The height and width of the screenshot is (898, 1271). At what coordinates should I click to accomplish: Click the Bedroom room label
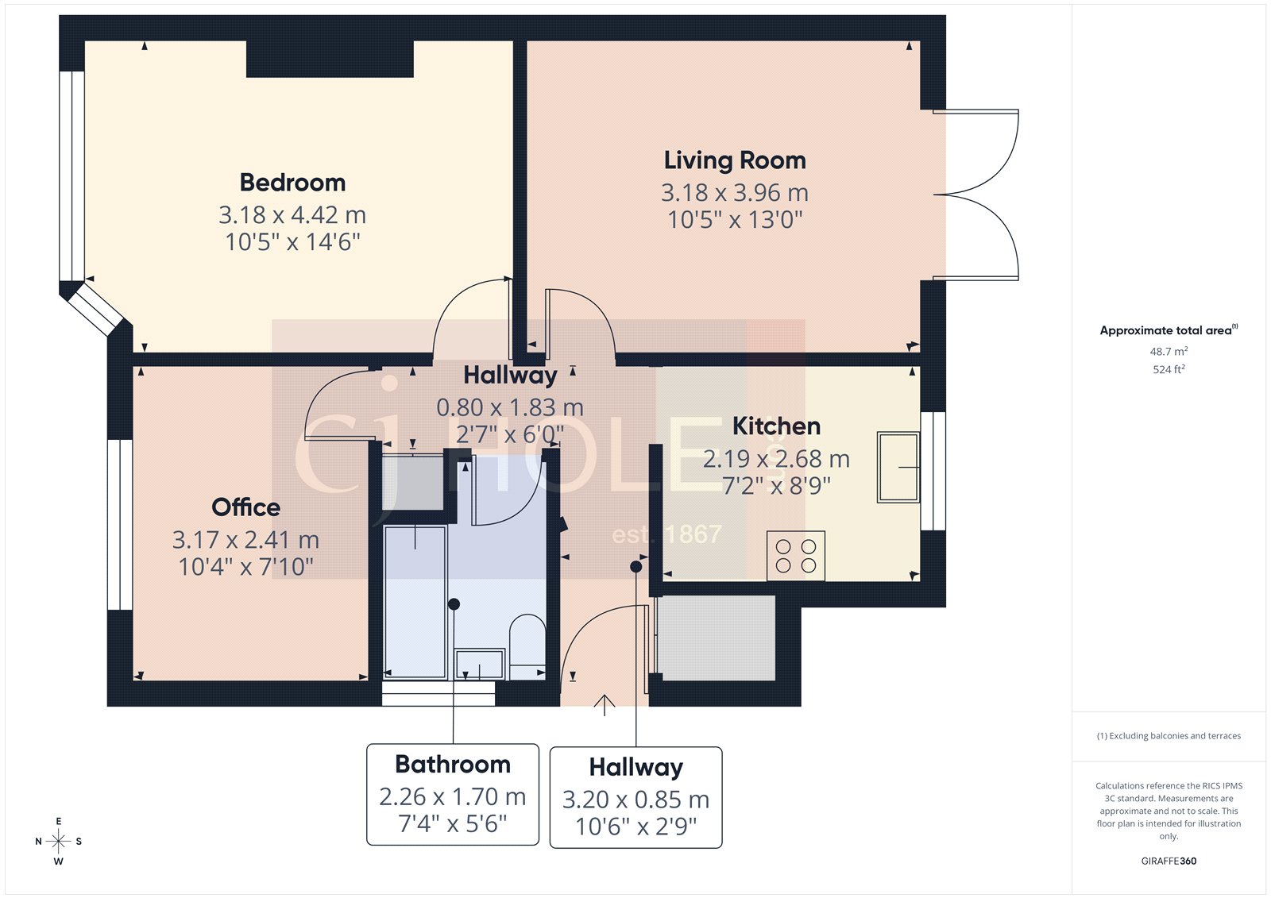pos(292,183)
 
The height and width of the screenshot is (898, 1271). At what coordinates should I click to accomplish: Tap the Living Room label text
pos(735,160)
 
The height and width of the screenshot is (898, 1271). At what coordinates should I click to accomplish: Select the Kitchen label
pos(776,426)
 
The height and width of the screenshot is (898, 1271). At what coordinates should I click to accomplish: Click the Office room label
pos(245,507)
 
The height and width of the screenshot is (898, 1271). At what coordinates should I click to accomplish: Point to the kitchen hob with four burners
pos(796,556)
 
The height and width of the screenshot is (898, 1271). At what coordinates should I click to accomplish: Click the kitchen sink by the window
pos(898,467)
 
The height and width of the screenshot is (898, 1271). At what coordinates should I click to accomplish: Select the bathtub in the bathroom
pos(415,602)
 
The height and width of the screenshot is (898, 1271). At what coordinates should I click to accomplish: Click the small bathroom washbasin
pos(479,664)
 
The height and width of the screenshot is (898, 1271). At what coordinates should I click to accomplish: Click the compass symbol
pos(59,841)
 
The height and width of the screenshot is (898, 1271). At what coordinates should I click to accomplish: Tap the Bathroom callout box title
pos(453,764)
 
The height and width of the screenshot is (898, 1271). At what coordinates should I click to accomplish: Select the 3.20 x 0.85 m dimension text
pos(635,800)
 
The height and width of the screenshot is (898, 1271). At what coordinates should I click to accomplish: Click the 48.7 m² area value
pos(1169,351)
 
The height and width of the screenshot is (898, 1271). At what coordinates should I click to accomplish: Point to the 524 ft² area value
pos(1169,369)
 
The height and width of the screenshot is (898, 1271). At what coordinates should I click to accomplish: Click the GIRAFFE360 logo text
pos(1169,861)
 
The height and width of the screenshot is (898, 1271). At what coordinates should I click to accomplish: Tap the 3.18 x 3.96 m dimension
pos(735,193)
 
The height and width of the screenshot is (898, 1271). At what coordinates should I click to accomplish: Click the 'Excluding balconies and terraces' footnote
pos(1169,736)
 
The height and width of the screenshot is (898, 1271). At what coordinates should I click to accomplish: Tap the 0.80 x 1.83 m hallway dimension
pos(510,407)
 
